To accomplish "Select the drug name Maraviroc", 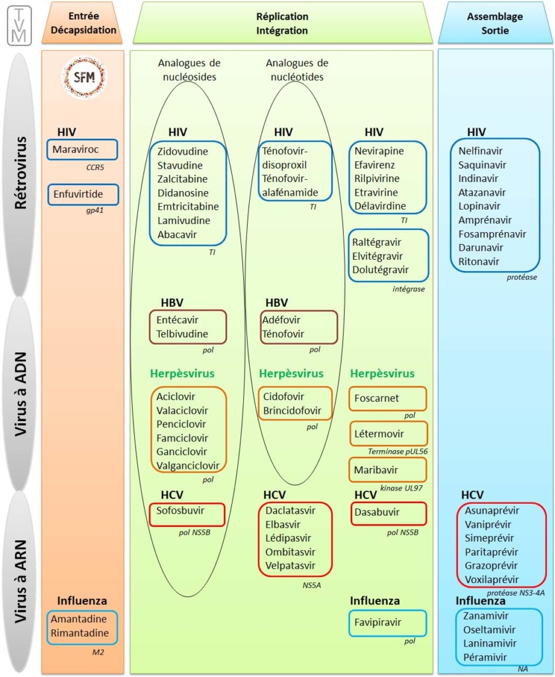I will tap(75, 149).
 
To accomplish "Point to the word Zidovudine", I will tap(183, 151).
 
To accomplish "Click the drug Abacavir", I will tap(177, 234).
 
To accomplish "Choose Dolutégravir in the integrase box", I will tap(381, 270).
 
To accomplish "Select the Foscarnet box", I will tap(387, 399).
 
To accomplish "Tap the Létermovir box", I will tap(387, 434).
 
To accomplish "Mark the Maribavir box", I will tap(387, 469).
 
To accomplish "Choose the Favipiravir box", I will tap(387, 622).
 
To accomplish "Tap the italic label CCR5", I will tap(96, 168).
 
